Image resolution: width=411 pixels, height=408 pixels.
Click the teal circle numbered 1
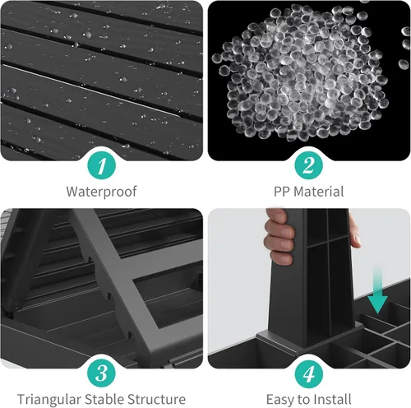(102, 165)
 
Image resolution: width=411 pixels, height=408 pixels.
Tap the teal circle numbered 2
(309, 165)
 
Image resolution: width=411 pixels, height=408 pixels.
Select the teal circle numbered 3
(102, 373)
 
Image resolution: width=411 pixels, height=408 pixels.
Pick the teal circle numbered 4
(309, 373)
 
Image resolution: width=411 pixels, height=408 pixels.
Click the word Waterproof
(101, 192)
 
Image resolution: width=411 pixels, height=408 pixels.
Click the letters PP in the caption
(282, 192)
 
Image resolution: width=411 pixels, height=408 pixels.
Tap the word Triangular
(49, 400)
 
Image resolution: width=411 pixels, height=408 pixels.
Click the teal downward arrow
(378, 290)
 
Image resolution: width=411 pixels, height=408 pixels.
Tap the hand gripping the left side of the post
(278, 236)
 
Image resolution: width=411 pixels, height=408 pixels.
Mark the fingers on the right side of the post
(354, 230)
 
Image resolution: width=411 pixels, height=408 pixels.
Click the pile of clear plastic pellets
(302, 72)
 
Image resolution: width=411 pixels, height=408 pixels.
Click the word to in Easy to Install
(305, 400)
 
